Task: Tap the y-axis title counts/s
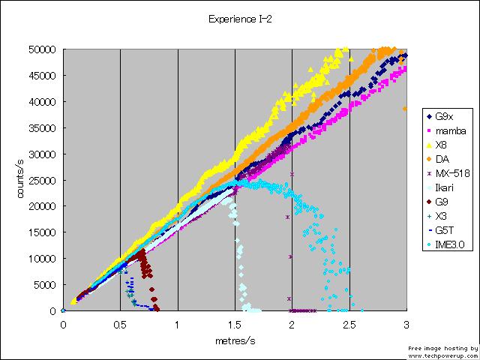(23, 180)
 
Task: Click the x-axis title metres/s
(235, 340)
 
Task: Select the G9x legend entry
(443, 116)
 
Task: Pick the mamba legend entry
(448, 130)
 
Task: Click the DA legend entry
(441, 158)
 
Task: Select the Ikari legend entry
(443, 187)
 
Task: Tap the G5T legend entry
(444, 229)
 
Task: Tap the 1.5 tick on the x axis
(235, 325)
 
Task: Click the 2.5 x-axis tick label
(349, 325)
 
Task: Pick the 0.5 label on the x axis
(120, 325)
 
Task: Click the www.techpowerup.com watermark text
(442, 355)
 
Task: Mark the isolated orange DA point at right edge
(405, 109)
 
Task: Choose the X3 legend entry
(441, 215)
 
